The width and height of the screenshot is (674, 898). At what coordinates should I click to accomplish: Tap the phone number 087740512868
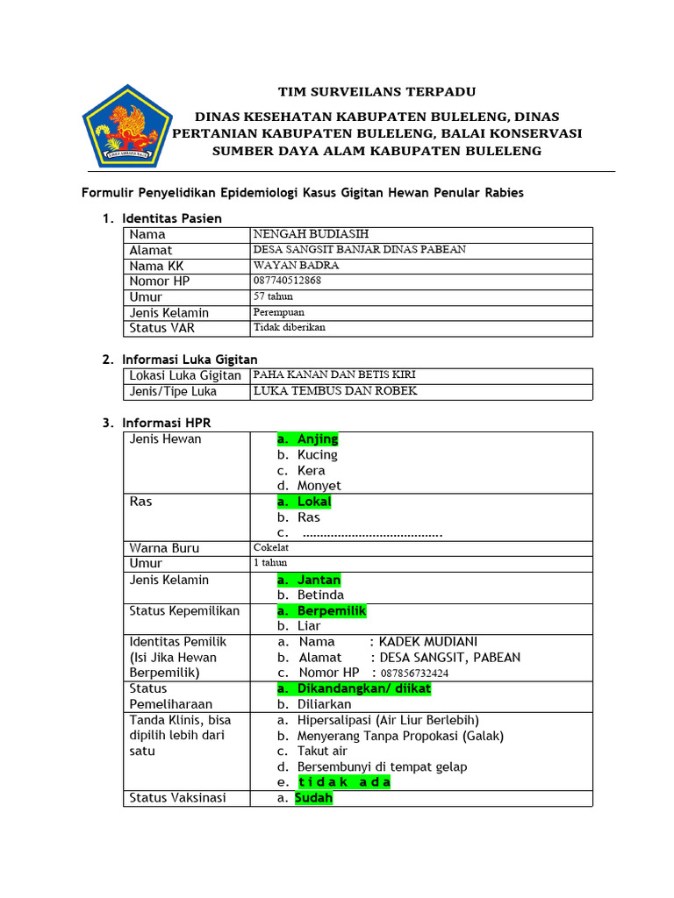(287, 281)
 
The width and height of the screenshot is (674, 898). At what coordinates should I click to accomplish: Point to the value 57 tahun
(275, 296)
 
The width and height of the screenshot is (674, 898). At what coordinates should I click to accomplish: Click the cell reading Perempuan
(279, 312)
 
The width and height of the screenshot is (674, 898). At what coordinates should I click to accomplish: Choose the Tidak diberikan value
(289, 328)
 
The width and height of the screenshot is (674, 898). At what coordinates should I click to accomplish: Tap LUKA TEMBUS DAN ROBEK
(334, 391)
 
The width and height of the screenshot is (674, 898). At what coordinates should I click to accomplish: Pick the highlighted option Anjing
(317, 439)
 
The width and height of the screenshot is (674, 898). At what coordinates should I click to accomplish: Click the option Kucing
(317, 455)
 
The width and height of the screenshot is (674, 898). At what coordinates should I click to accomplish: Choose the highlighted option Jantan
(319, 580)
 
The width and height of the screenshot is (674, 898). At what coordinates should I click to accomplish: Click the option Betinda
(320, 595)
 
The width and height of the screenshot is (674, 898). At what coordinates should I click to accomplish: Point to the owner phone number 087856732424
(413, 673)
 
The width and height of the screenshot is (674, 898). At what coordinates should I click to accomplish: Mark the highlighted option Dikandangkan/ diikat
(363, 689)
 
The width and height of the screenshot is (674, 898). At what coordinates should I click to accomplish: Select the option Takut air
(322, 752)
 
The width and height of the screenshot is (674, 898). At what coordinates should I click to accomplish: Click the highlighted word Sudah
(313, 798)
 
